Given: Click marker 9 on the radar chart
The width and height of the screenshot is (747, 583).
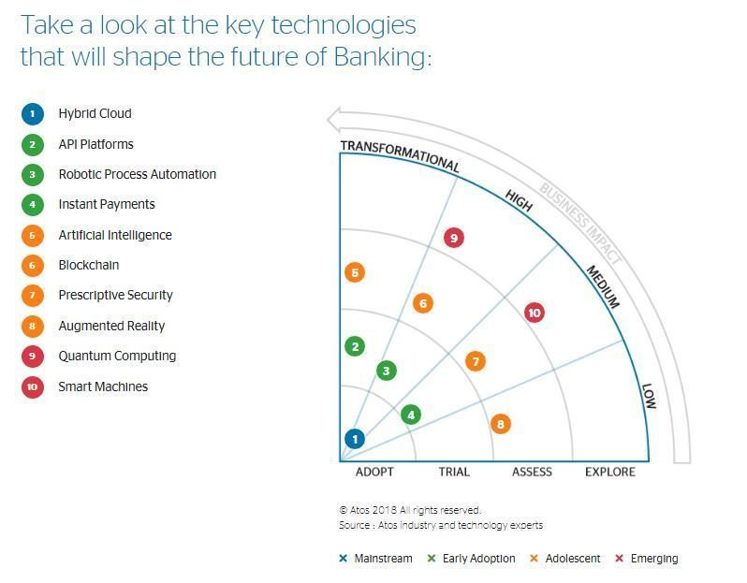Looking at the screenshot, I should pos(454,238).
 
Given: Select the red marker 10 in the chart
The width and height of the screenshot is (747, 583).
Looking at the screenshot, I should pos(535,313).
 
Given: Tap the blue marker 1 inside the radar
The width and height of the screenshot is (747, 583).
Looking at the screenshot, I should pos(355,438).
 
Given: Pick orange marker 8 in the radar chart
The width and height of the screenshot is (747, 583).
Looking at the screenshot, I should pos(501,424).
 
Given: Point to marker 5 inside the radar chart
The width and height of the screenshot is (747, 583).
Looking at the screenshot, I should pos(354,273).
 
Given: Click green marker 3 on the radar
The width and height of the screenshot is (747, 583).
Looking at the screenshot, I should pos(387,371).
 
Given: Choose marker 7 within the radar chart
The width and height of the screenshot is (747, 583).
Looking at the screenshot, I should pos(476,361).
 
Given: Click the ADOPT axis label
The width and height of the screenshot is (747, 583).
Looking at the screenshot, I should pos(374,472).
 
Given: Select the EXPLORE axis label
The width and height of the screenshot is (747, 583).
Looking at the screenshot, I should pos(610,472).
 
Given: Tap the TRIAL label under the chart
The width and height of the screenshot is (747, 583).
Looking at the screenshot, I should pos(454,472).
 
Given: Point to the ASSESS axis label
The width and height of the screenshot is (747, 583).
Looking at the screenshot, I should pos(532,472).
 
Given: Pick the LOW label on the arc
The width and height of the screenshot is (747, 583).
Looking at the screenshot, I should pos(649,396).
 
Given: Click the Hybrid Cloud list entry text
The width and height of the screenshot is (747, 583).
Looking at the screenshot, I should pos(95,113).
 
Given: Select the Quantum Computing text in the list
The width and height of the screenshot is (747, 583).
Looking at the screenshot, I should pos(117,356).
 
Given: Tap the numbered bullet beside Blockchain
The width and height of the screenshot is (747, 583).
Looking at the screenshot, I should pos(33,266).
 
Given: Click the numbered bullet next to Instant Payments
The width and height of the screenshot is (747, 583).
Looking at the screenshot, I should pos(33,205).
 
